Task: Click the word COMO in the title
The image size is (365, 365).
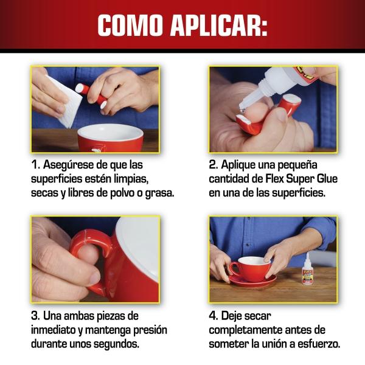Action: (x=130, y=26)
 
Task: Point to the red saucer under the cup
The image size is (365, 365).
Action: (x=253, y=280)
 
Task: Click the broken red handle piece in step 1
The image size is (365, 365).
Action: (x=91, y=96)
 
